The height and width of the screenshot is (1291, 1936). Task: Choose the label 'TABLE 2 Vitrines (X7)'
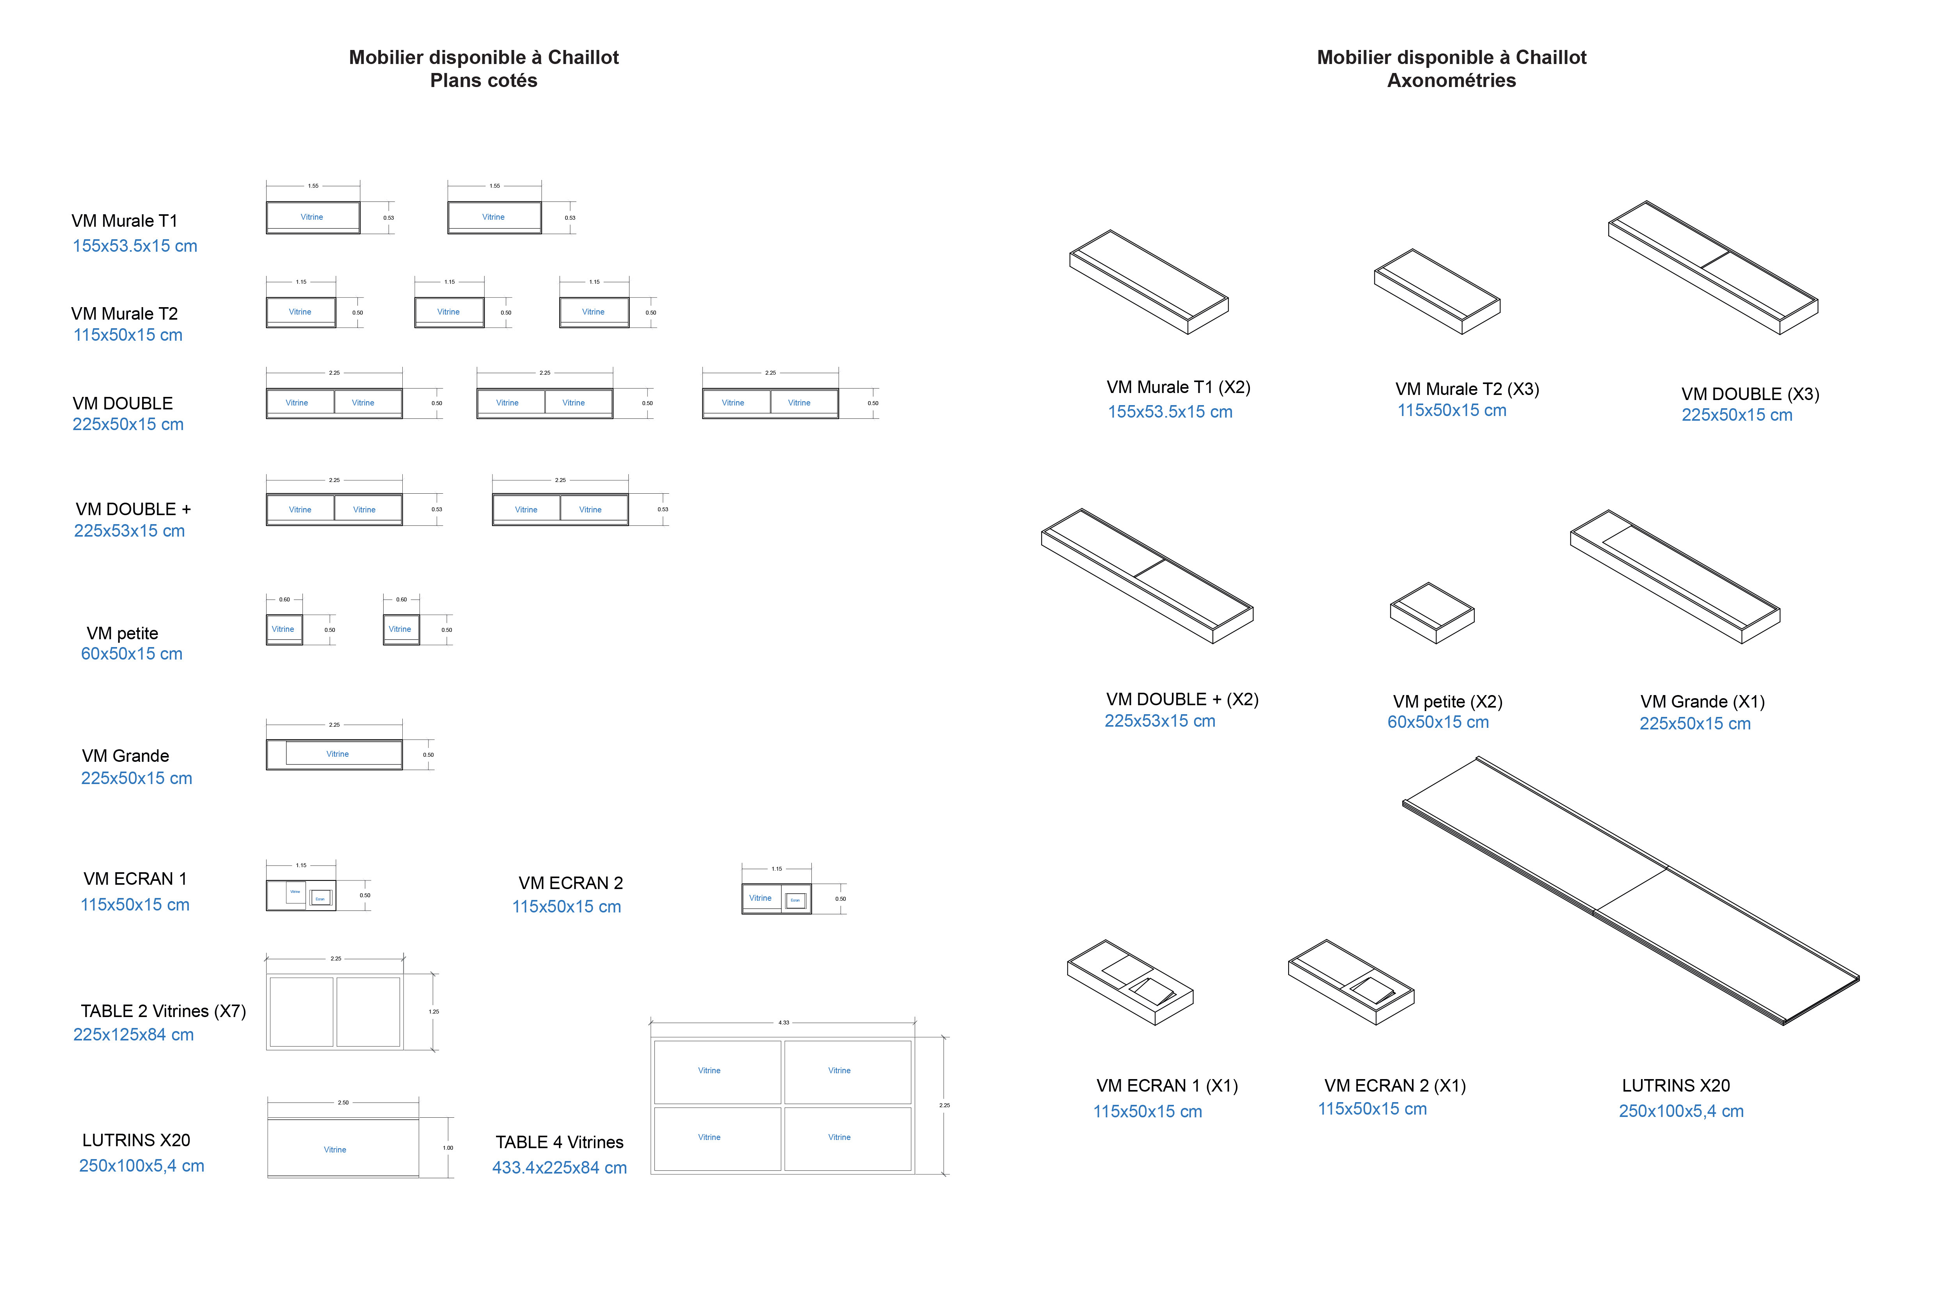point(163,1011)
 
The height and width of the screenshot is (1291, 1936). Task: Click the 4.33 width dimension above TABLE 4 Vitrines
point(784,1022)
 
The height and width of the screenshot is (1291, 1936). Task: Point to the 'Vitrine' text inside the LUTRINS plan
point(335,1149)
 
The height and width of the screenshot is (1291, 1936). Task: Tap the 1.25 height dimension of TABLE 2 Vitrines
point(434,1012)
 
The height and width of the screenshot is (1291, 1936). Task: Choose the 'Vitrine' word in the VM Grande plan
point(338,754)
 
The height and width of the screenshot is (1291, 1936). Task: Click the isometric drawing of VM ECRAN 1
point(1129,982)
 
